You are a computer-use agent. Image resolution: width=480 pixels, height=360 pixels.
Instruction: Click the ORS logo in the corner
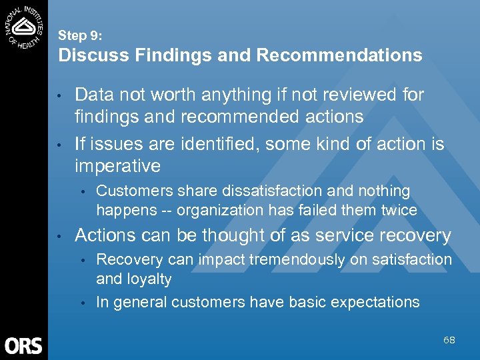[23, 345]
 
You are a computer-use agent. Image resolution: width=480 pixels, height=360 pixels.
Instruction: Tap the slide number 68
[449, 340]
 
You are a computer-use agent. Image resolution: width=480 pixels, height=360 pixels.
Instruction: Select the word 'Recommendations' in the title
[339, 55]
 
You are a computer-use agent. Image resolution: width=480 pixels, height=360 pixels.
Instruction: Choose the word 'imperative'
[118, 165]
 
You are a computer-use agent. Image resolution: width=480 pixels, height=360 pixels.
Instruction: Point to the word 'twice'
[399, 211]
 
